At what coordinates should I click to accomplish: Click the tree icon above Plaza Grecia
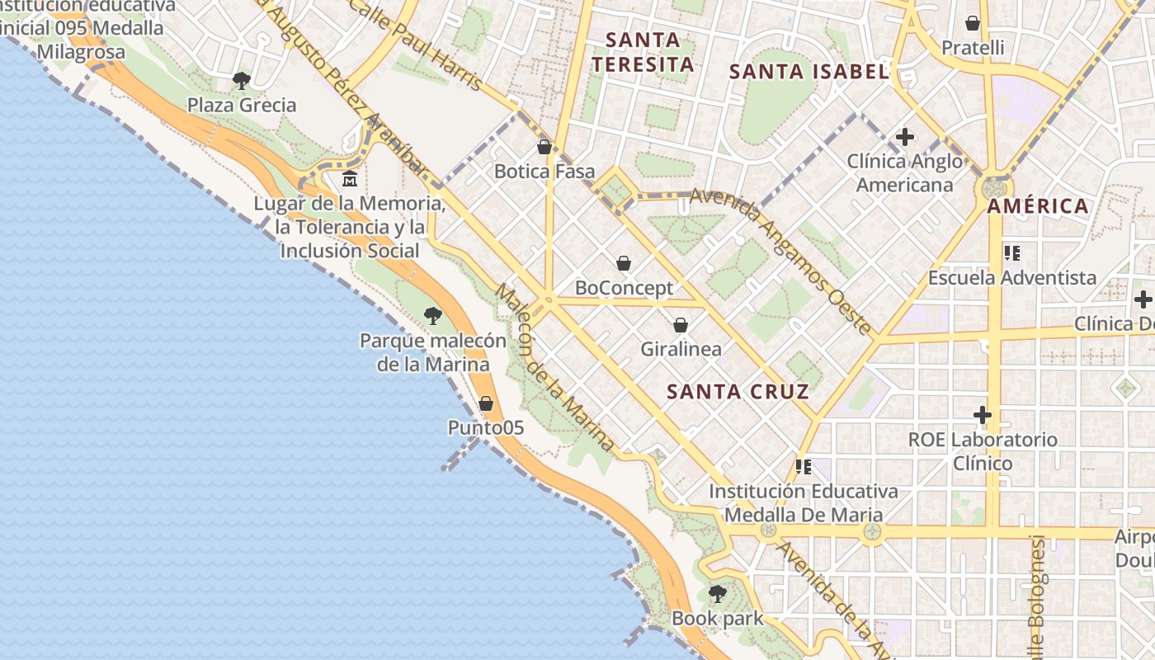241,80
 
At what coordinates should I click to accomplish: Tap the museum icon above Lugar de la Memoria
350,178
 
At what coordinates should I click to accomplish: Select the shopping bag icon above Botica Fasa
544,148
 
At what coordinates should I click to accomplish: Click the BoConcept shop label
624,288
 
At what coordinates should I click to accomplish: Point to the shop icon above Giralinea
681,325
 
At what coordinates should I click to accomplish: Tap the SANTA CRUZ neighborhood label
738,391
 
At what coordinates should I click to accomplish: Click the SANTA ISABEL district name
808,72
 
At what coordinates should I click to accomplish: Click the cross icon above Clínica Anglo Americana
905,136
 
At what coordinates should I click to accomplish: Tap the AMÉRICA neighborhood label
1038,206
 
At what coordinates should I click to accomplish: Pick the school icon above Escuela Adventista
1012,253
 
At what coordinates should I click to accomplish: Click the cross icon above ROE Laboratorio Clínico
982,414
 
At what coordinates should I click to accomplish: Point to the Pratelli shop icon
973,23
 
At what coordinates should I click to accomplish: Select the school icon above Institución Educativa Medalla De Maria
803,467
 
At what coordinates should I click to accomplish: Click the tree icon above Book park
717,593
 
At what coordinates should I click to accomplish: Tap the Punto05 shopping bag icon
486,403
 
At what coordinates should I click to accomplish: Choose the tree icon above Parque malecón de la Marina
432,315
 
